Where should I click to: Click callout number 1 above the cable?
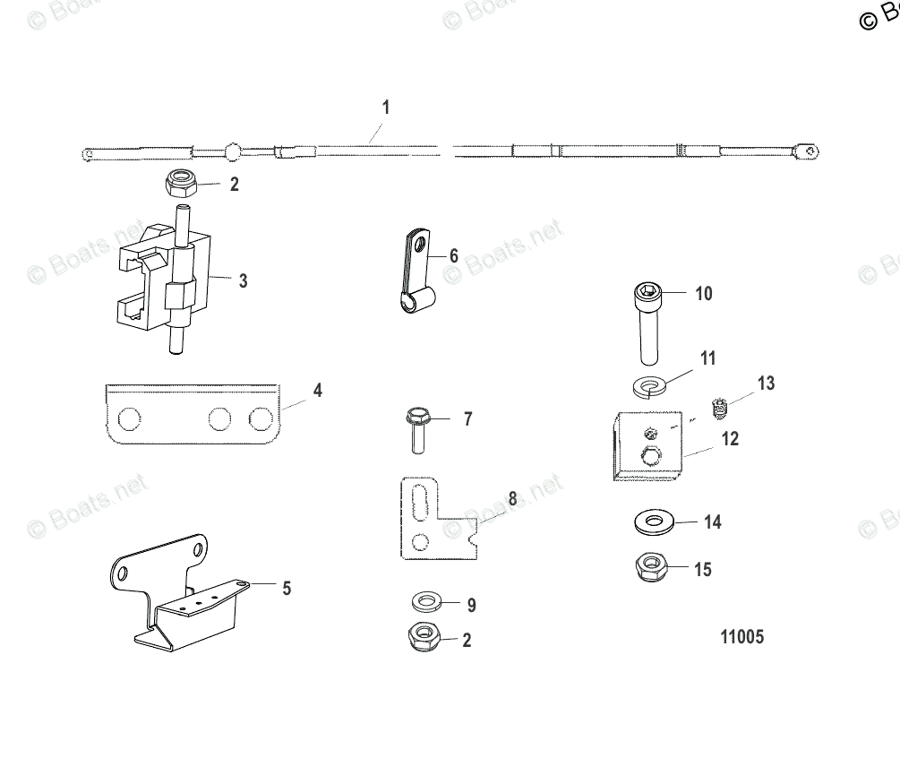pyautogui.click(x=386, y=108)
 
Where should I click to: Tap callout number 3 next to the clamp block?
pyautogui.click(x=243, y=280)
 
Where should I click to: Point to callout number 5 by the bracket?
pyautogui.click(x=287, y=589)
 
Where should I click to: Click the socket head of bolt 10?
pyautogui.click(x=648, y=293)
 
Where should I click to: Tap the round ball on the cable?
pyautogui.click(x=234, y=151)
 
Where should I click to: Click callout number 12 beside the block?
pyautogui.click(x=731, y=440)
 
